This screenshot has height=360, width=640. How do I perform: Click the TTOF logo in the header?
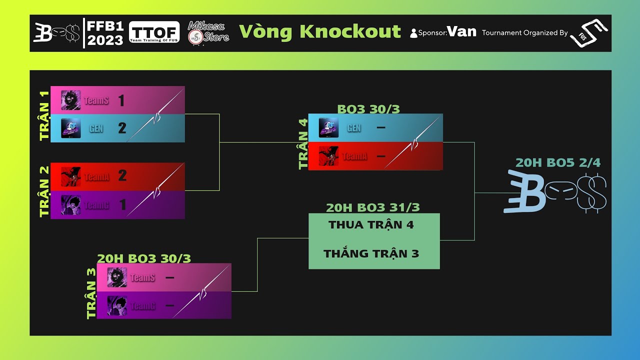tap(154, 32)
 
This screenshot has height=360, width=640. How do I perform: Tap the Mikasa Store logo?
tap(208, 33)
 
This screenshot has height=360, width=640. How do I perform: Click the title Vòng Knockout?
tap(320, 31)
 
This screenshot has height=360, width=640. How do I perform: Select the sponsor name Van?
tap(461, 32)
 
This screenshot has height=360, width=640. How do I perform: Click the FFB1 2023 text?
tap(105, 33)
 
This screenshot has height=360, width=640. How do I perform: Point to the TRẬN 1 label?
tap(44, 115)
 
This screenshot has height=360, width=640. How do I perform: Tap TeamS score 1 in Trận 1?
tap(121, 100)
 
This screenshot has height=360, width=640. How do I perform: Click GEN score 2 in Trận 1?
tap(122, 128)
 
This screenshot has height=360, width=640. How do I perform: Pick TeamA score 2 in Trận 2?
tap(122, 175)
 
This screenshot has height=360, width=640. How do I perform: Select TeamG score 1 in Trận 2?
tap(122, 204)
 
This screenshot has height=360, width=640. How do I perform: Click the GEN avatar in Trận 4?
tap(328, 128)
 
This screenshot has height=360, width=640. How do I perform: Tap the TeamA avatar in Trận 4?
tap(328, 156)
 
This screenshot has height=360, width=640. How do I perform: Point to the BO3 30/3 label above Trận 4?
tap(368, 109)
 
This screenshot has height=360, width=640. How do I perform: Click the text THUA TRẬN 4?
tap(371, 225)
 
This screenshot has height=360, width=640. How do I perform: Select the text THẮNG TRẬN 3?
tap(371, 254)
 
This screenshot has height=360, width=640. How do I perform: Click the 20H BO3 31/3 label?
tap(372, 207)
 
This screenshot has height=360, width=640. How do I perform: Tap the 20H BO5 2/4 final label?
tap(557, 162)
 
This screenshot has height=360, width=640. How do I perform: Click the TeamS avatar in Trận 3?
tap(117, 277)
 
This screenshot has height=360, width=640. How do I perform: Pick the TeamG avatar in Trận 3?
tap(117, 305)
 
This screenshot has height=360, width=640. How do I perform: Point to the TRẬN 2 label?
tap(44, 191)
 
